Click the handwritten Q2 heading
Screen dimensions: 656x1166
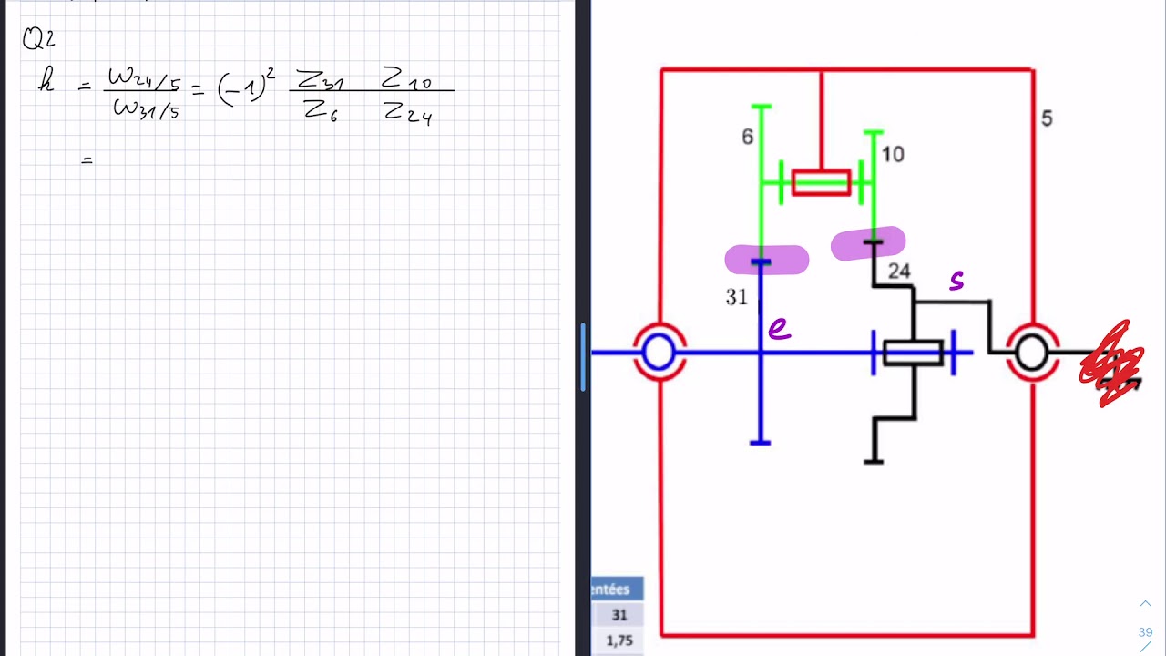39,39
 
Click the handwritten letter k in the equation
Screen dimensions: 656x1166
46,83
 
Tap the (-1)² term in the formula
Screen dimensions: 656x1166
244,88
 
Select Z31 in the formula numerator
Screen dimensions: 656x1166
320,81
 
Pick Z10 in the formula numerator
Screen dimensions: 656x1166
406,80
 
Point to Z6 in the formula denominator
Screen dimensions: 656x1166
322,111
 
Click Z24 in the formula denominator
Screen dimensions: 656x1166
407,113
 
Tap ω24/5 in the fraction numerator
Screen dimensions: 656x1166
143,79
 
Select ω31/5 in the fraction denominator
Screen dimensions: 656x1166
146,110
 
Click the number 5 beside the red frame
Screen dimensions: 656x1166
1047,118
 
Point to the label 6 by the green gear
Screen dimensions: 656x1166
747,137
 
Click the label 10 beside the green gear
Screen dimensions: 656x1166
893,155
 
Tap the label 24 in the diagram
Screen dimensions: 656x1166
899,272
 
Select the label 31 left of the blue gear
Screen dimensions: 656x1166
736,297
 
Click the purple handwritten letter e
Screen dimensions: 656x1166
779,329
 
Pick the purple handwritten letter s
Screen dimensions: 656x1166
956,282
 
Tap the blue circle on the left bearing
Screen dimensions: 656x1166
659,353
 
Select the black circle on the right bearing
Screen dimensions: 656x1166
1031,353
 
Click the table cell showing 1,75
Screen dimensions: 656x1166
619,641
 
